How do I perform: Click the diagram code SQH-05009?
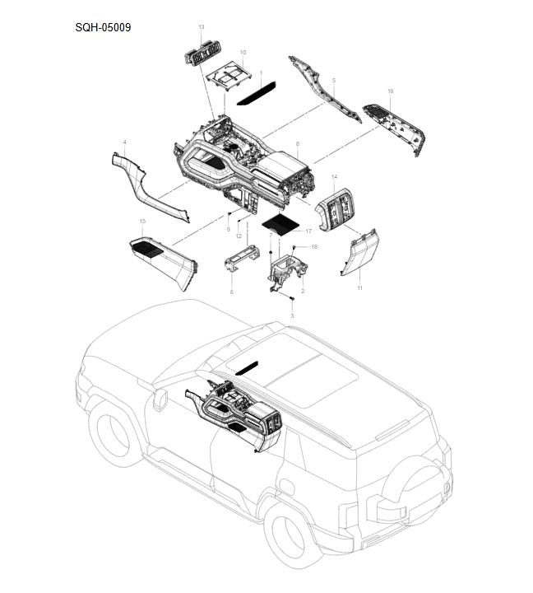tap(103, 27)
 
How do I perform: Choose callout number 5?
tap(333, 80)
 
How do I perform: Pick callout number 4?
tap(124, 142)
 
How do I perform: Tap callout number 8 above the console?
tap(297, 143)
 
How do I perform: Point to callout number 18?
tap(313, 247)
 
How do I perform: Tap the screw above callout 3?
tap(292, 297)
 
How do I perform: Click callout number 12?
tap(239, 236)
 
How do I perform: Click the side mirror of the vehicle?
tap(159, 400)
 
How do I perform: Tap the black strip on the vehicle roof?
tap(246, 367)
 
